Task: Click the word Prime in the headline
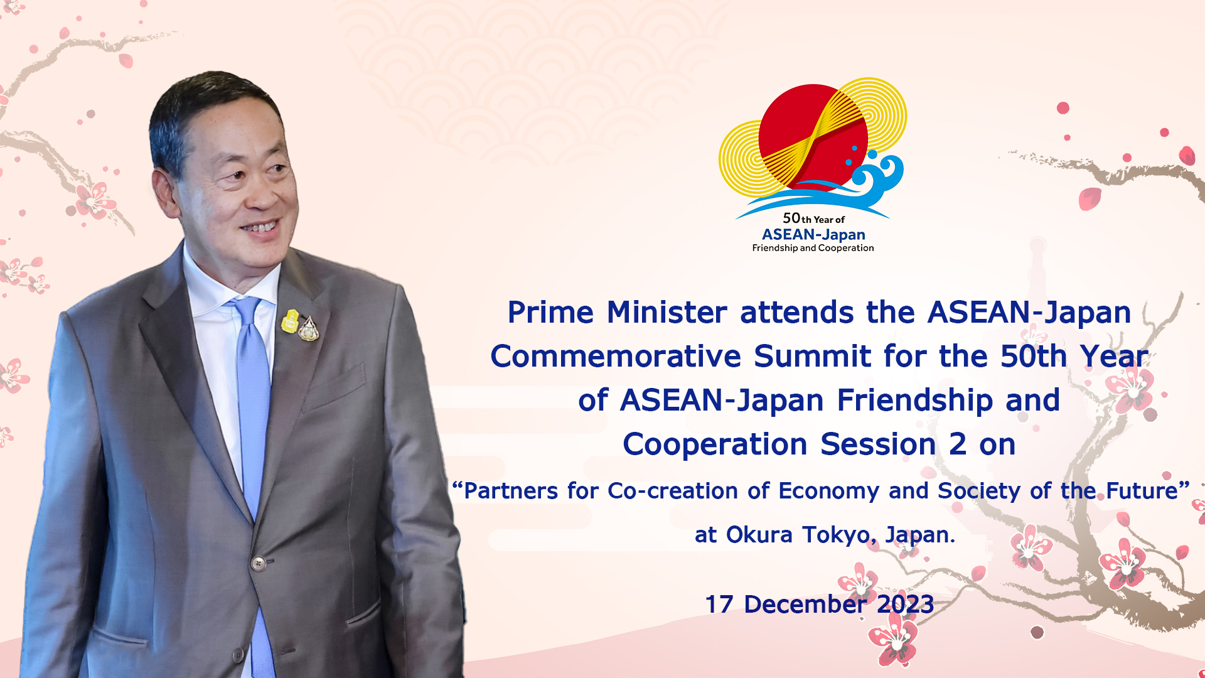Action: [x=550, y=313]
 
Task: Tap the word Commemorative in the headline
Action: [x=616, y=357]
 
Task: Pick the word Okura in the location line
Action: [x=759, y=535]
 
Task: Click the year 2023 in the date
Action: [x=905, y=605]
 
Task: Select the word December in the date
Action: [x=805, y=605]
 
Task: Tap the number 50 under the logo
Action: [x=791, y=218]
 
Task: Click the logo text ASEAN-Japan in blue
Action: [x=813, y=235]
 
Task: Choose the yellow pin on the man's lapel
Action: [x=290, y=321]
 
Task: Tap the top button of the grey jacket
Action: [x=258, y=562]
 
